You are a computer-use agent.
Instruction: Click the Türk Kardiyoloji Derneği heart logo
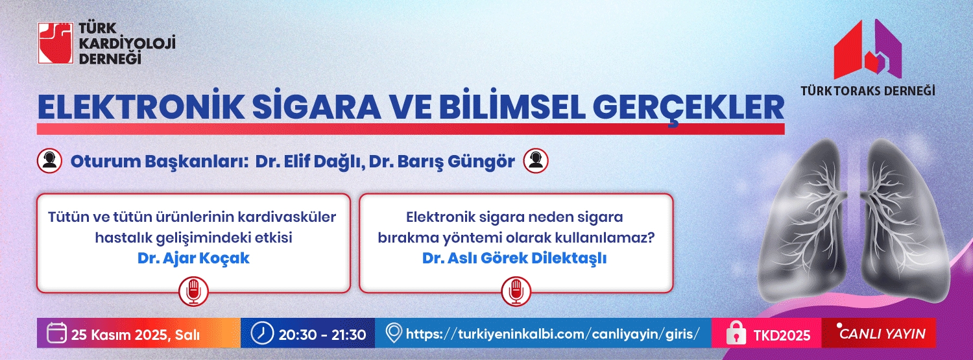[x=56, y=43]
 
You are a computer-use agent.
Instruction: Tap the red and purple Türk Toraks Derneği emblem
[x=868, y=49]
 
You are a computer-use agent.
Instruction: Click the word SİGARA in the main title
[x=317, y=107]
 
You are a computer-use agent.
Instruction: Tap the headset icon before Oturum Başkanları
[x=49, y=161]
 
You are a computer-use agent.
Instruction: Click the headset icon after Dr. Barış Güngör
[x=536, y=161]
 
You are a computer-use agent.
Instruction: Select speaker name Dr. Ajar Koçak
[x=193, y=258]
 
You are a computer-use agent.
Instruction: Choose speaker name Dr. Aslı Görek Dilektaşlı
[x=514, y=258]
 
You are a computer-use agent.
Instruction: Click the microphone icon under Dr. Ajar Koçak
[x=193, y=291]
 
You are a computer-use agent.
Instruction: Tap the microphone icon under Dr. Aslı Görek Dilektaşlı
[x=516, y=291]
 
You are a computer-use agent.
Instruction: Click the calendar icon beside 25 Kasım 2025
[x=57, y=333]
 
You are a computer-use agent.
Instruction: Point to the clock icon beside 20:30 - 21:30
[x=262, y=333]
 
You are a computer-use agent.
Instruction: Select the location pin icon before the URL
[x=394, y=333]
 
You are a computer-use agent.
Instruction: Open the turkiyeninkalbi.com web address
[x=553, y=334]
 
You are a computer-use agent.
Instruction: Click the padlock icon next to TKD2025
[x=736, y=333]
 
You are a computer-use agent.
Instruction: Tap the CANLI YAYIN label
[x=882, y=333]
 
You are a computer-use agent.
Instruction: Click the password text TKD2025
[x=782, y=335]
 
